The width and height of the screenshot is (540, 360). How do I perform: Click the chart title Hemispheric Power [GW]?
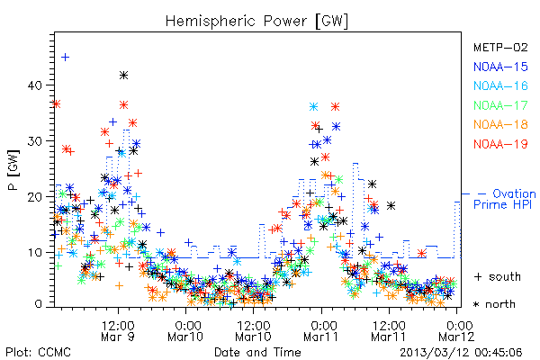[x=256, y=22]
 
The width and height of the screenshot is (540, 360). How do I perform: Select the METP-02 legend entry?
[x=500, y=47]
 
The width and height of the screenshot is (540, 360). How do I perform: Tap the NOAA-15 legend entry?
[x=500, y=67]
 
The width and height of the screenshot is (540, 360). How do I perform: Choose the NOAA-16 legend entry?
[x=500, y=85]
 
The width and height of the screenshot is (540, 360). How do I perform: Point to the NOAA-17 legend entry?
[x=500, y=105]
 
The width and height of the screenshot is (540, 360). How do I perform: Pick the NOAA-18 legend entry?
[x=500, y=124]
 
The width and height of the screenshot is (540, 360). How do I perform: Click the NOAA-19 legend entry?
[x=500, y=144]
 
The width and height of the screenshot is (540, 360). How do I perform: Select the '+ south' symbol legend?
[x=498, y=276]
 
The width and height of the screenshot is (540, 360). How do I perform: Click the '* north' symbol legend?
[x=494, y=304]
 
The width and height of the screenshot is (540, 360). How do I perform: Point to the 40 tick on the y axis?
[x=35, y=85]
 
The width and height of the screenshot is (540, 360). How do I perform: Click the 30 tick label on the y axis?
[x=35, y=141]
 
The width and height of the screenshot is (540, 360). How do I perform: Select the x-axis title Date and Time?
[x=257, y=352]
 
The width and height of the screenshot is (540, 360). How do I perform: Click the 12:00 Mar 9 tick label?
[x=118, y=331]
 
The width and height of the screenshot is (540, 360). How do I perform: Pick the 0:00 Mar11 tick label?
[x=321, y=331]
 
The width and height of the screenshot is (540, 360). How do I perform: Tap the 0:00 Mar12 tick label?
[x=456, y=331]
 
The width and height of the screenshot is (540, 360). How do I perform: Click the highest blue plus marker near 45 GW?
[x=65, y=58]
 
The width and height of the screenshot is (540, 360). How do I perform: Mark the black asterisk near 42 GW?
[x=123, y=75]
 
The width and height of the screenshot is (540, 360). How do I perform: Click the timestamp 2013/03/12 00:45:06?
[x=461, y=353]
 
